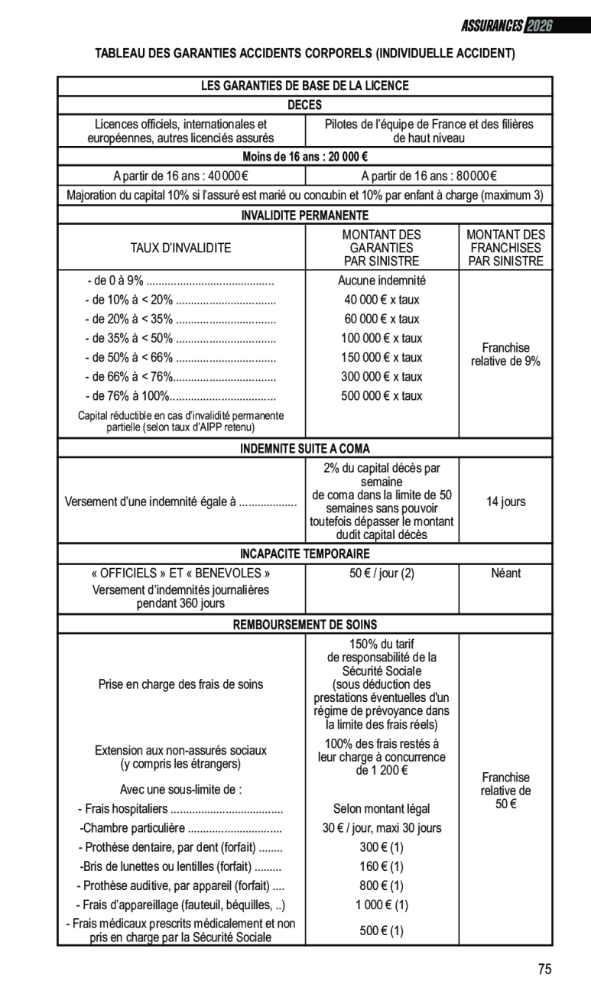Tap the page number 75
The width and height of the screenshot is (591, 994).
click(544, 970)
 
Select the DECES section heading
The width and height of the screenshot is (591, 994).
click(304, 105)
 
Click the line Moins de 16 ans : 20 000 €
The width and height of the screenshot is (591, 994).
click(304, 157)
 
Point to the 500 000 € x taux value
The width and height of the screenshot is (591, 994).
click(382, 395)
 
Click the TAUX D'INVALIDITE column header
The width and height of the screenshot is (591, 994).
click(181, 248)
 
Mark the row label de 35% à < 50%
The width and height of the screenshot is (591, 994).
click(180, 338)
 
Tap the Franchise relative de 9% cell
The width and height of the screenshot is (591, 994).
click(505, 354)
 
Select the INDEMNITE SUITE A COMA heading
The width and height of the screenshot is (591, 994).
click(304, 448)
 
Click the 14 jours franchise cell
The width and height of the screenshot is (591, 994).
click(505, 502)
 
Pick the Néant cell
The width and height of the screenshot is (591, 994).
click(505, 573)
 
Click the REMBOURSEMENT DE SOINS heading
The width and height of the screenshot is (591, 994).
click(304, 625)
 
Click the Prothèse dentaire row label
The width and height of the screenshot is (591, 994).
click(180, 847)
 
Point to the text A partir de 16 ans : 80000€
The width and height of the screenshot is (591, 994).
click(429, 176)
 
